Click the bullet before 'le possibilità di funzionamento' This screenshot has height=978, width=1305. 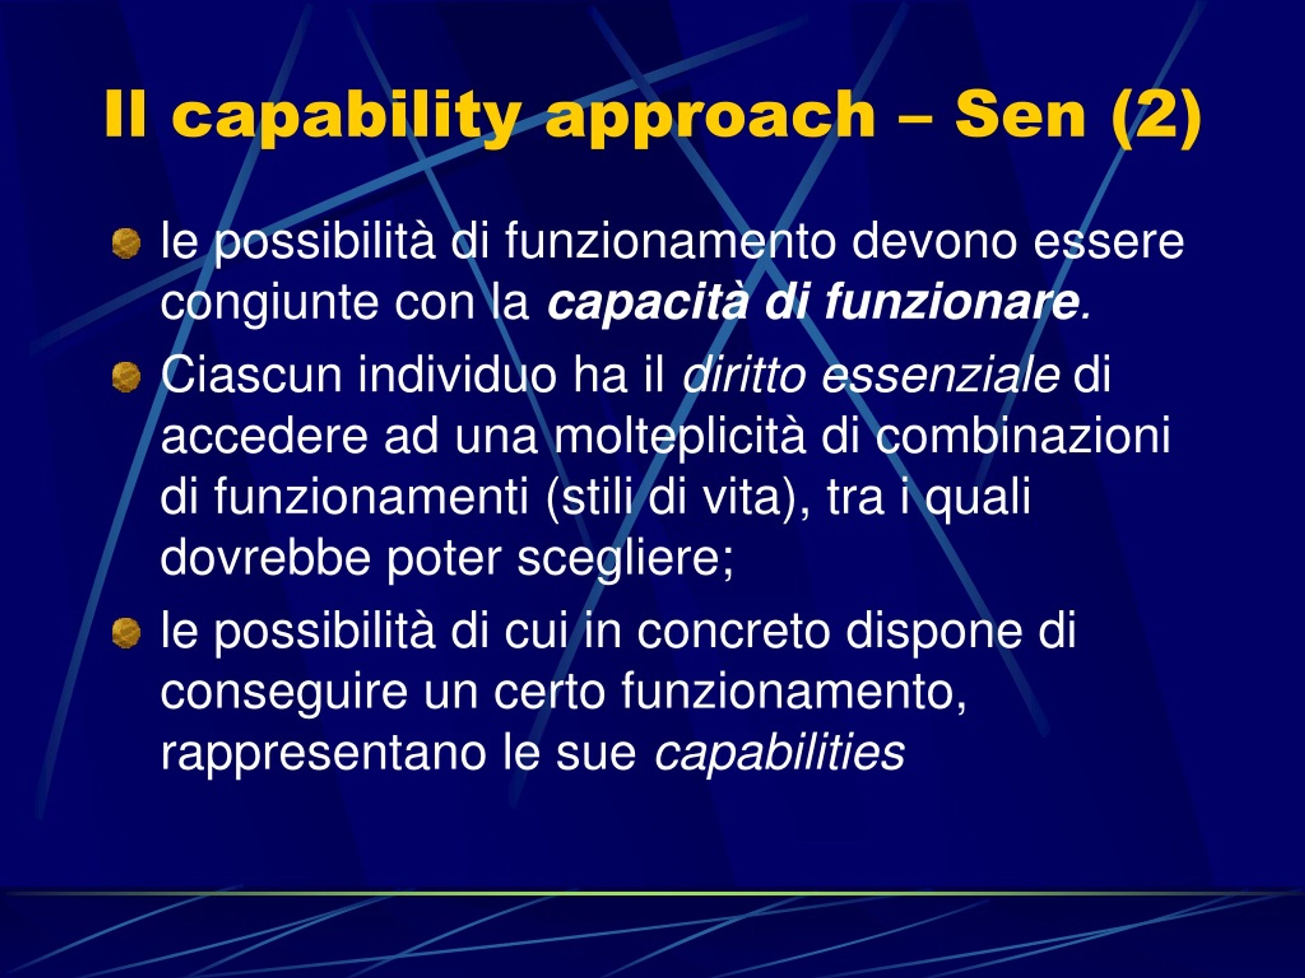(x=126, y=243)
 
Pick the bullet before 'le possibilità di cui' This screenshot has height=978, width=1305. (x=126, y=633)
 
